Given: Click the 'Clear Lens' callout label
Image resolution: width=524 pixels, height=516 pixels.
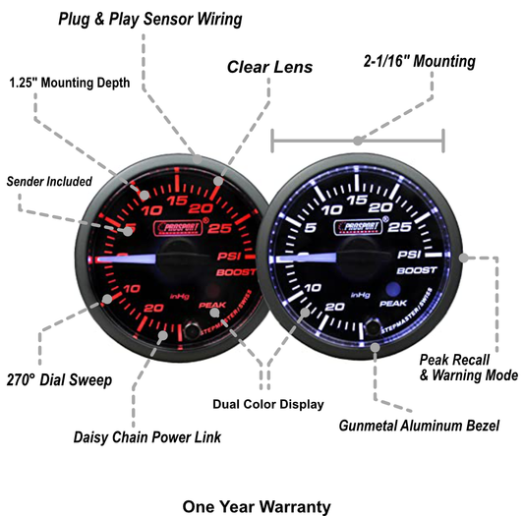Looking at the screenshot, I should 269,68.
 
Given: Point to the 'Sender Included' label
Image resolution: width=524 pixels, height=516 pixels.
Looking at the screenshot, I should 49,182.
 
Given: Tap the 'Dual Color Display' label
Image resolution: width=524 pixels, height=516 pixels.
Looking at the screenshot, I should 268,403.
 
